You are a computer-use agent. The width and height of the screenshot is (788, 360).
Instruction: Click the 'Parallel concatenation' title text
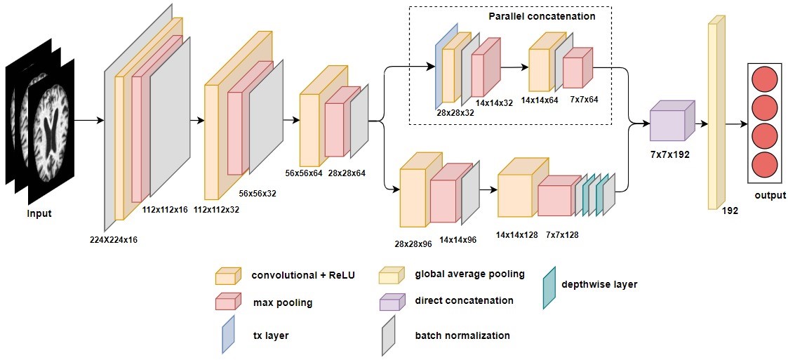[x=542, y=15]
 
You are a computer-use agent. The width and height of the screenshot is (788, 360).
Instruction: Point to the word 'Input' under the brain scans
[x=39, y=213]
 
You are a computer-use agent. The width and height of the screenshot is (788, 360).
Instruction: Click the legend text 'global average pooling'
[x=469, y=274]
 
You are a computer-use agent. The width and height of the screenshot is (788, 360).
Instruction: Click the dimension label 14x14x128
[x=516, y=235]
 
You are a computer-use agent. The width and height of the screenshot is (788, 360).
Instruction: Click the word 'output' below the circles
[x=770, y=195]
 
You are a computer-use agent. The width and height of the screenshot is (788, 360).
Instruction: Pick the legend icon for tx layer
[x=227, y=334]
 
